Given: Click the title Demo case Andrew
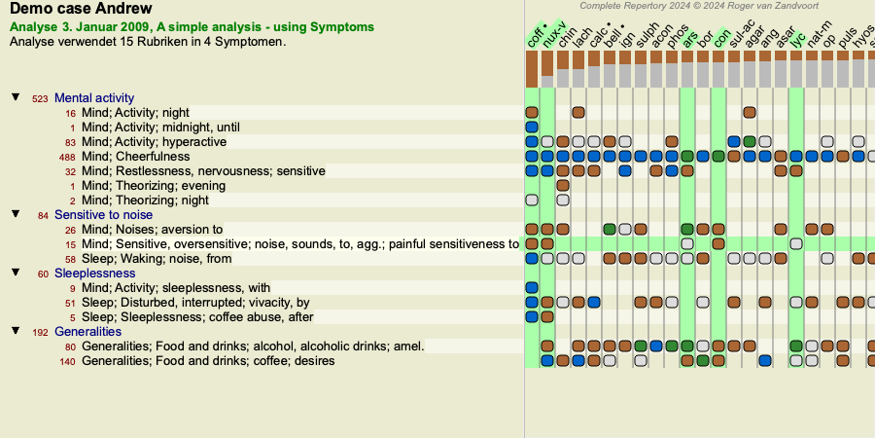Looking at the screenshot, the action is pyautogui.click(x=81, y=9).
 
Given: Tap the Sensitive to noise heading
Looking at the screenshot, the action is pyautogui.click(x=103, y=215).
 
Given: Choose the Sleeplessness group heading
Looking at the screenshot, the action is pyautogui.click(x=95, y=274).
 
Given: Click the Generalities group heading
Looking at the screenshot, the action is pyautogui.click(x=87, y=332).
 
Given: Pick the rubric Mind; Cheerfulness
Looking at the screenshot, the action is pyautogui.click(x=135, y=157).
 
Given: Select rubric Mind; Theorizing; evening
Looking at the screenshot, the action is pyautogui.click(x=154, y=186).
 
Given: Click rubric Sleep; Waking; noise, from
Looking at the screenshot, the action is pyautogui.click(x=157, y=259).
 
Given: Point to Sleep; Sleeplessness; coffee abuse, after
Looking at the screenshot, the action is pyautogui.click(x=197, y=317).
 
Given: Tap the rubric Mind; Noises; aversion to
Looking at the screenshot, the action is pyautogui.click(x=152, y=229).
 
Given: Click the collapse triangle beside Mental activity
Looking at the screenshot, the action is pyautogui.click(x=17, y=97).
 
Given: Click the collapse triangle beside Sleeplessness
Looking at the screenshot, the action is pyautogui.click(x=17, y=273).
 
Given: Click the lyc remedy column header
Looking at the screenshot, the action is pyautogui.click(x=798, y=39).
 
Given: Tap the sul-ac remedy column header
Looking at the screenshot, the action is pyautogui.click(x=739, y=35).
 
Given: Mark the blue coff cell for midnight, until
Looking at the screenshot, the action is pyautogui.click(x=532, y=128).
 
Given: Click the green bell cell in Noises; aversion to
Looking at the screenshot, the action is pyautogui.click(x=610, y=229).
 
